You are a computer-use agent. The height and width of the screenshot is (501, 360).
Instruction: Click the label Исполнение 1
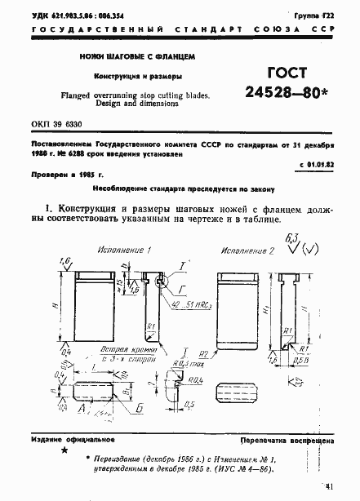[x=127, y=248]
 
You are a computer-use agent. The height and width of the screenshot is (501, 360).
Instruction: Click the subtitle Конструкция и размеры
[x=138, y=77]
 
